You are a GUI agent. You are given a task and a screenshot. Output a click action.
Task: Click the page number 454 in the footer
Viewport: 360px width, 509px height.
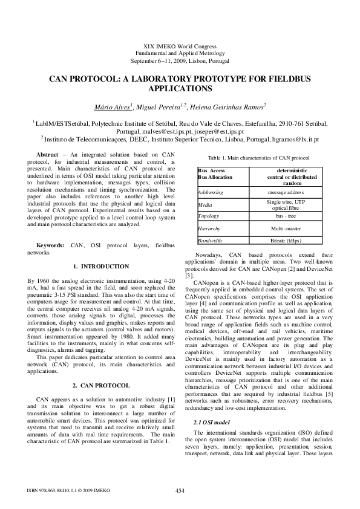(180, 490)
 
